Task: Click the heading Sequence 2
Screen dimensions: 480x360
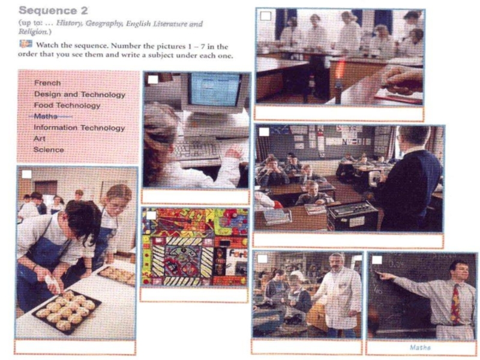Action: (53, 10)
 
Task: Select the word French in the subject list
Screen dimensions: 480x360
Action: (47, 83)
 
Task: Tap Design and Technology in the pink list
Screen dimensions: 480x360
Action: (80, 94)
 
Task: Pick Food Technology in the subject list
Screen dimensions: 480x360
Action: (67, 106)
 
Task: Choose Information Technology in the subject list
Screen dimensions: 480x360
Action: (79, 128)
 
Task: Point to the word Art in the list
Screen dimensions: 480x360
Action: (40, 139)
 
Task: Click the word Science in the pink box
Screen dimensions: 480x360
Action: (49, 149)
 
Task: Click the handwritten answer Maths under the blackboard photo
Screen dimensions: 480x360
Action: (420, 347)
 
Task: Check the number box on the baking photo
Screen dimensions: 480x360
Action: (26, 175)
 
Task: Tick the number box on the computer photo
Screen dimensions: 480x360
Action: (153, 80)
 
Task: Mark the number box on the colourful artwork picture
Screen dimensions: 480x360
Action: (151, 215)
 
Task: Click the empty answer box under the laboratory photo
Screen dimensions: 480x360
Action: (339, 113)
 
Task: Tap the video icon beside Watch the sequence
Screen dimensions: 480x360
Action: (26, 44)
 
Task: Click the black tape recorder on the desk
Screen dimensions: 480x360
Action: (352, 216)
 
